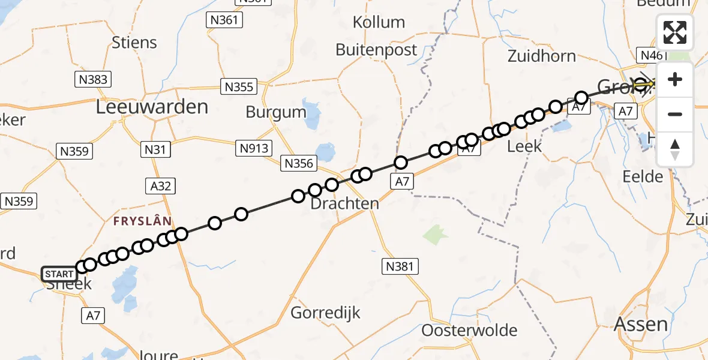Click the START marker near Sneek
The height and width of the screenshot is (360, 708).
[x=60, y=274]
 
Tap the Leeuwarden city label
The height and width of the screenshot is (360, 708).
[x=152, y=107]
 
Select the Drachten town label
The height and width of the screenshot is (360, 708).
[x=344, y=203]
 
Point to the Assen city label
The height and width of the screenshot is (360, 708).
[x=641, y=324]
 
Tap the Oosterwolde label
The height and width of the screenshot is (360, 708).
[x=469, y=330]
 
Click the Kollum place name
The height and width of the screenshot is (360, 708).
[x=379, y=23]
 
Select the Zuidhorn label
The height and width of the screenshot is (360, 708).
[x=541, y=56]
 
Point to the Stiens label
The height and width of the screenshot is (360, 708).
[x=134, y=43]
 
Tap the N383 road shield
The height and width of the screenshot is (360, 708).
[x=92, y=79]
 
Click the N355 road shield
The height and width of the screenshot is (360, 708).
[x=239, y=86]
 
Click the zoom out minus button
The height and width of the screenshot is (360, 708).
[x=675, y=114]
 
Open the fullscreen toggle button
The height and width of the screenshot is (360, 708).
[x=675, y=32]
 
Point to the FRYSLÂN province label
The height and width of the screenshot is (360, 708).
[x=143, y=221]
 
